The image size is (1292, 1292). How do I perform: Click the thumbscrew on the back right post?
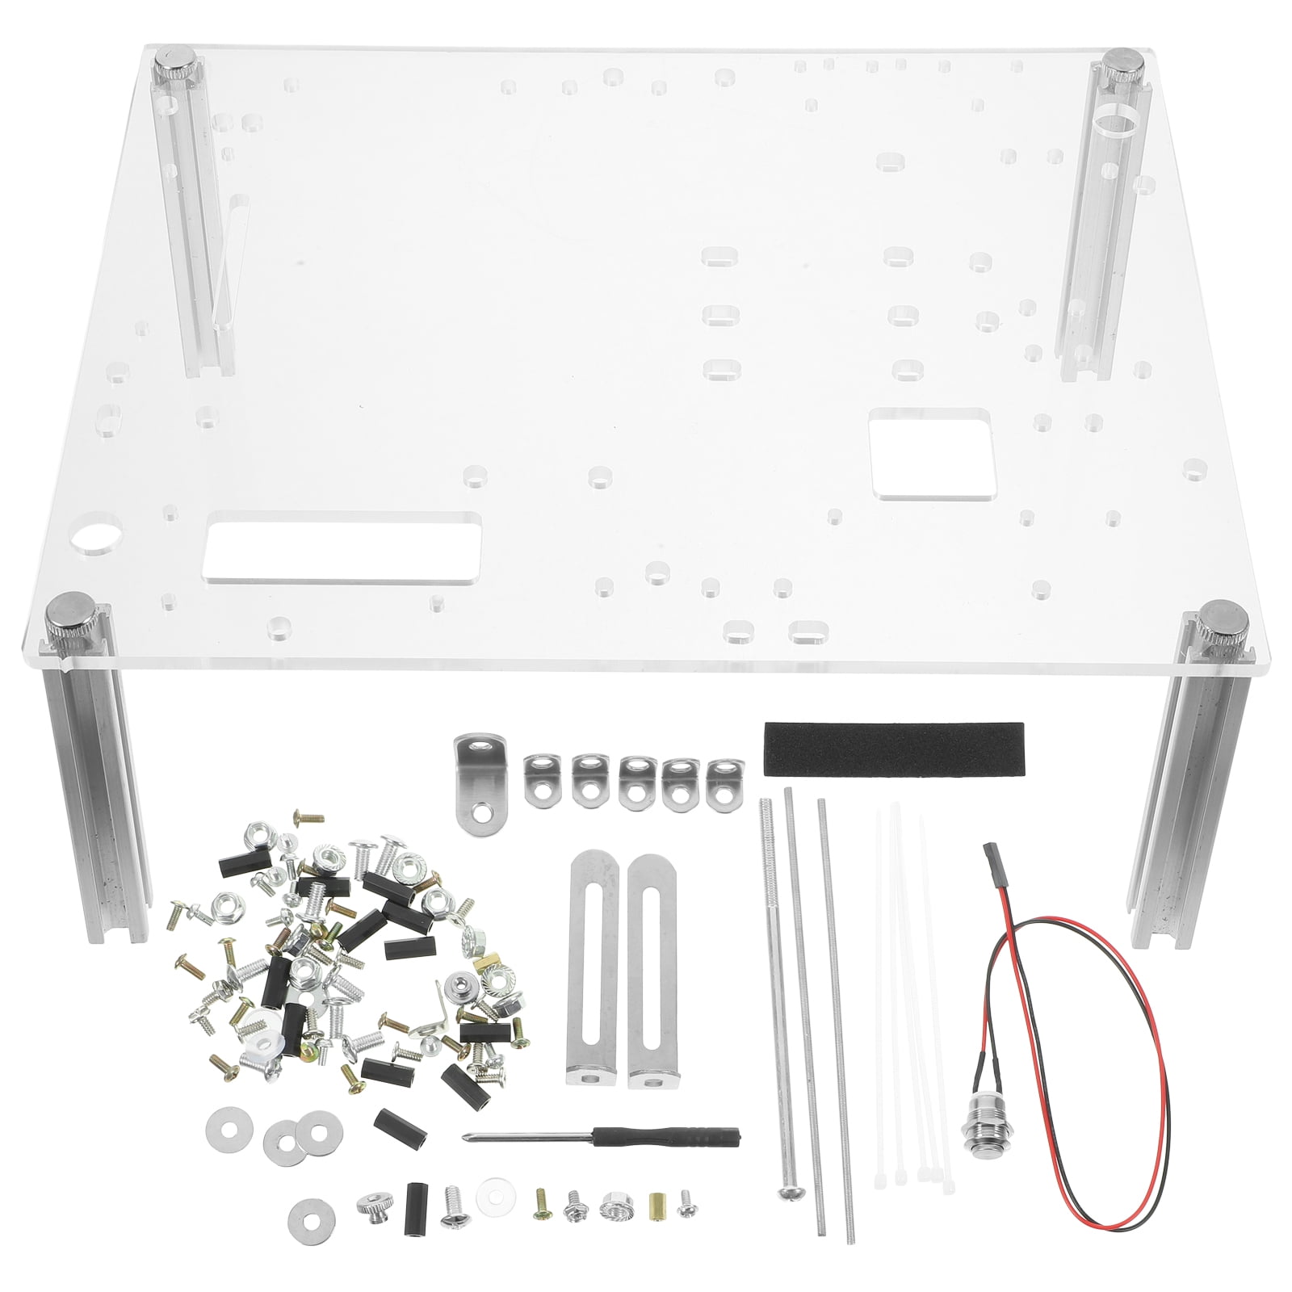(x=1122, y=65)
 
